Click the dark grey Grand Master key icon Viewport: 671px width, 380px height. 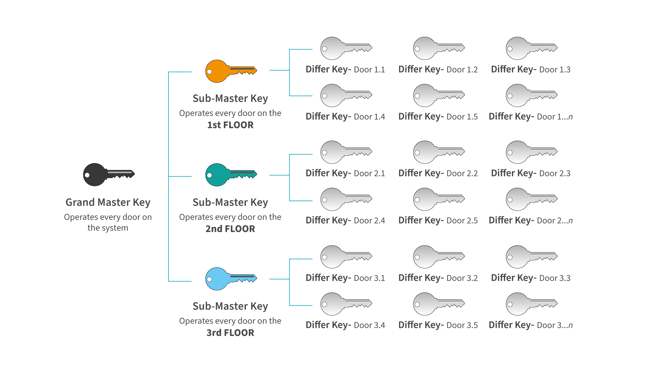(x=107, y=174)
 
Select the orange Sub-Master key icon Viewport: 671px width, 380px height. (x=229, y=71)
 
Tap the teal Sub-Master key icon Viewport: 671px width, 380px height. (x=229, y=175)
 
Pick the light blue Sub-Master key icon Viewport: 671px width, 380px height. (x=229, y=279)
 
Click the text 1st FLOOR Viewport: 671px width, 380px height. (x=230, y=125)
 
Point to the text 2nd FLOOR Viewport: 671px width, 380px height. (x=230, y=229)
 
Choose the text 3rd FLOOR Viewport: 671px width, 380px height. (x=230, y=333)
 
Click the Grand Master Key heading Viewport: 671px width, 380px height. (x=108, y=202)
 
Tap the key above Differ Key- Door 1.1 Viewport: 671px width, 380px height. (x=345, y=48)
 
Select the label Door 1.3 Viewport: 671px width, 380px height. (x=555, y=70)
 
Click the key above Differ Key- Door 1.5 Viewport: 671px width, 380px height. (x=437, y=96)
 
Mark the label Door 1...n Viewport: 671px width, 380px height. (x=555, y=117)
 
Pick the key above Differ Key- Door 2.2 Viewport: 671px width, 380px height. (x=437, y=152)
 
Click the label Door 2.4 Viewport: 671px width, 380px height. (x=370, y=221)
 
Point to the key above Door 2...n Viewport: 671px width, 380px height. (x=530, y=199)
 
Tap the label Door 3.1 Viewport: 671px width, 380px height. (x=370, y=278)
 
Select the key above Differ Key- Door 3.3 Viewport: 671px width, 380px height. (x=530, y=257)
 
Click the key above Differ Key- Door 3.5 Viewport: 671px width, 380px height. (x=437, y=304)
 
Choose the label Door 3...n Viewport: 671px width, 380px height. (x=555, y=326)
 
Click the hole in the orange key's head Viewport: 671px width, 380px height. (x=210, y=72)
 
